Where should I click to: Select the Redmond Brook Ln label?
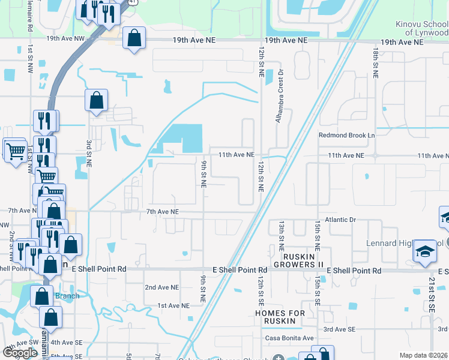(346, 136)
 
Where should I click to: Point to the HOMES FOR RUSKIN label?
(280, 317)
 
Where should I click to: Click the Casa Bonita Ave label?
(290, 338)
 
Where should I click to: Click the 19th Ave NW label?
(67, 40)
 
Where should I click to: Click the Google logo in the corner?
(20, 353)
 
